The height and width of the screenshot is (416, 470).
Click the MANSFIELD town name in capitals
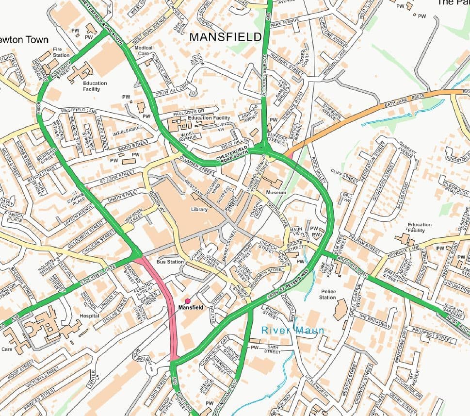pyautogui.click(x=225, y=37)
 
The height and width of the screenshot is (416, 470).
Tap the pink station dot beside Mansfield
pyautogui.click(x=188, y=301)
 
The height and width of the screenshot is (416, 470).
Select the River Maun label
pyautogui.click(x=292, y=330)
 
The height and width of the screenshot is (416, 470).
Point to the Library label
pyautogui.click(x=199, y=210)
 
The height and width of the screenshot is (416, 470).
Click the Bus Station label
pyautogui.click(x=170, y=262)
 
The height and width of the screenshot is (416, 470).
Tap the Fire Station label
pyautogui.click(x=62, y=52)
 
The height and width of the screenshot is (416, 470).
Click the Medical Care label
pyautogui.click(x=143, y=51)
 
